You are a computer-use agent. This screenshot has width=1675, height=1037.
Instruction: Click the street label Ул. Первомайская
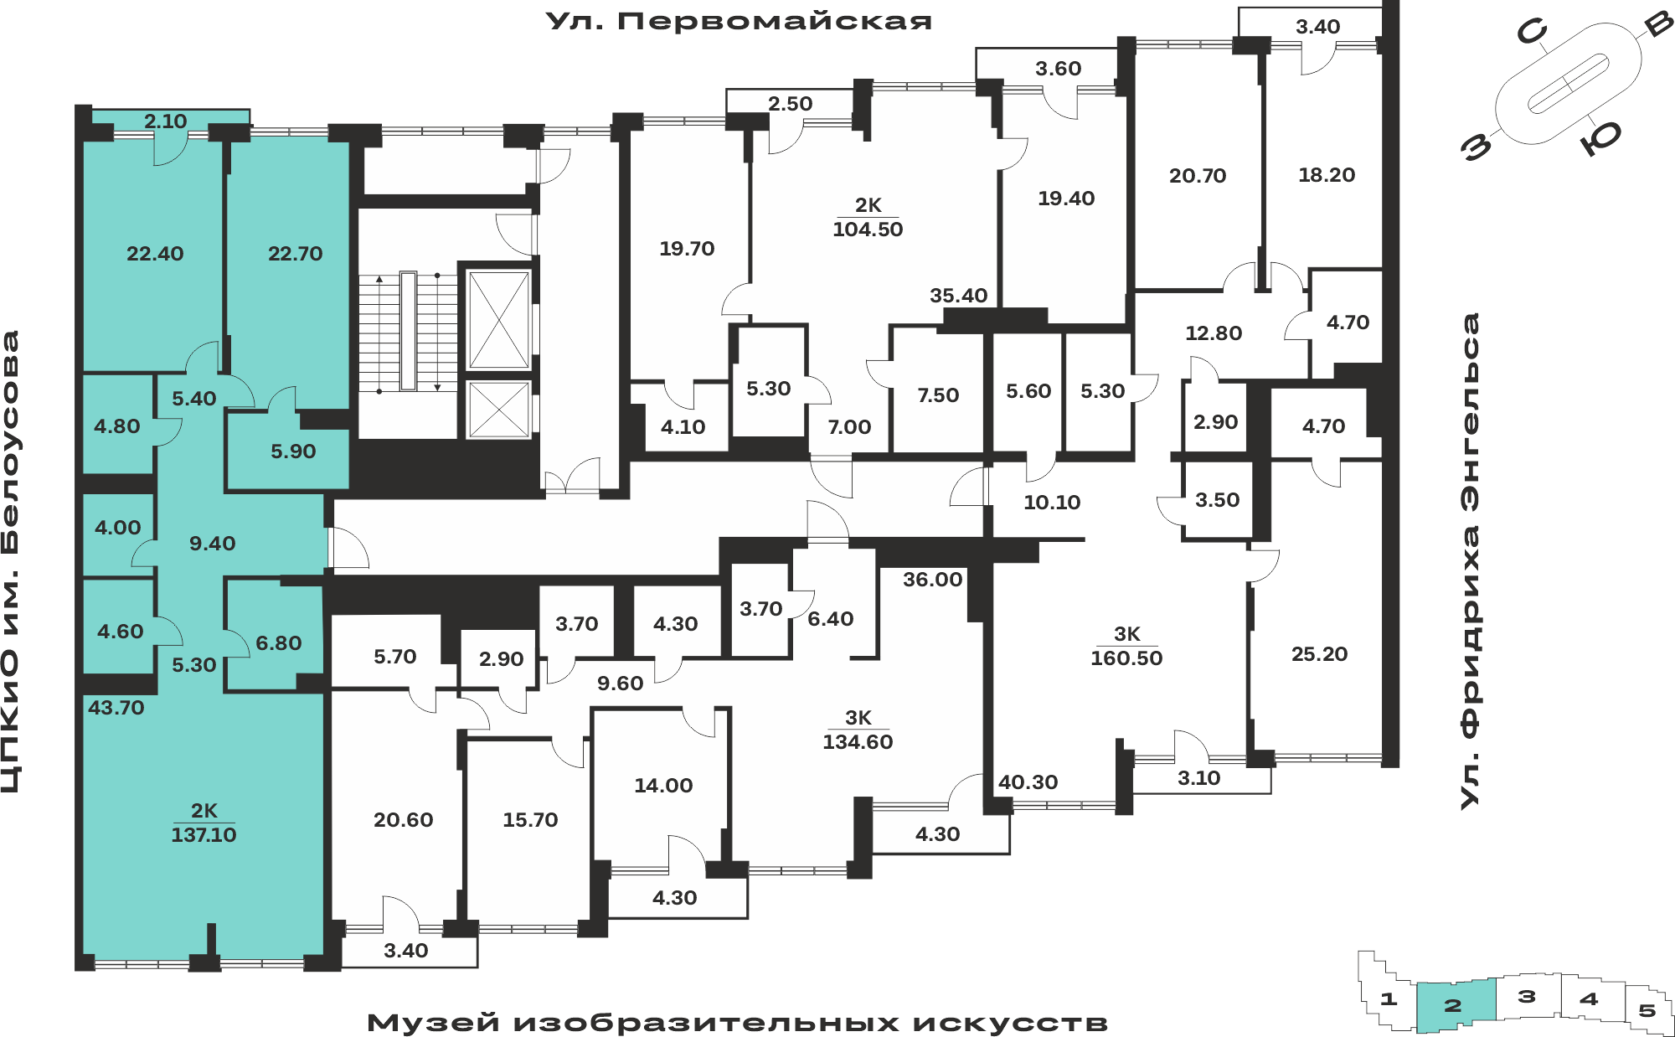click(739, 21)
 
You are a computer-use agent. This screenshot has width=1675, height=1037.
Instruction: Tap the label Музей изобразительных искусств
click(737, 1023)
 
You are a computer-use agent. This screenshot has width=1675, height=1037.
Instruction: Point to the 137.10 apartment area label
click(204, 834)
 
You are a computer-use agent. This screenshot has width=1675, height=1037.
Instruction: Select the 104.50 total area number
click(868, 230)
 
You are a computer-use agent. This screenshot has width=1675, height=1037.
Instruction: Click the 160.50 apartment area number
click(1126, 658)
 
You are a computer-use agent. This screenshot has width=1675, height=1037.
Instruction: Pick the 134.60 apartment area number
click(858, 742)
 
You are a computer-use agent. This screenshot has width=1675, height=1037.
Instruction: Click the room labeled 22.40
click(155, 254)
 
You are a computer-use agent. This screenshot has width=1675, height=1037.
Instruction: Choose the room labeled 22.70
click(295, 254)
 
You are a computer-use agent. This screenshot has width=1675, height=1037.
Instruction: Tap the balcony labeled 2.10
click(165, 121)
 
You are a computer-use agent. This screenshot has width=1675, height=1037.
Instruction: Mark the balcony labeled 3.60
click(1058, 69)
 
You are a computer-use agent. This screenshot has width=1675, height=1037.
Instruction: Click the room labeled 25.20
click(1319, 654)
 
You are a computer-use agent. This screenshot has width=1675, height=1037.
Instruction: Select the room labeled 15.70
click(530, 820)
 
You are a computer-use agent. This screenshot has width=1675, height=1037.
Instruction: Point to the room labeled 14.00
click(663, 786)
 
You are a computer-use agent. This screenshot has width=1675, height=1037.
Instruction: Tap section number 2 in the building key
click(1453, 1005)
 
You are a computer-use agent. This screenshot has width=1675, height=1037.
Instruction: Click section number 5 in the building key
click(1647, 1010)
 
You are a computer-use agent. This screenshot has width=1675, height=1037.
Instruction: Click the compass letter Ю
click(1600, 137)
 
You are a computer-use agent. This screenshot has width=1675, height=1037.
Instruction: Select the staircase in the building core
click(409, 332)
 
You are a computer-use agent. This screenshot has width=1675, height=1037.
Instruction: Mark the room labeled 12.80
click(1214, 333)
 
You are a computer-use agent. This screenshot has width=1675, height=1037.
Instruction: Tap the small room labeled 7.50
click(938, 395)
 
